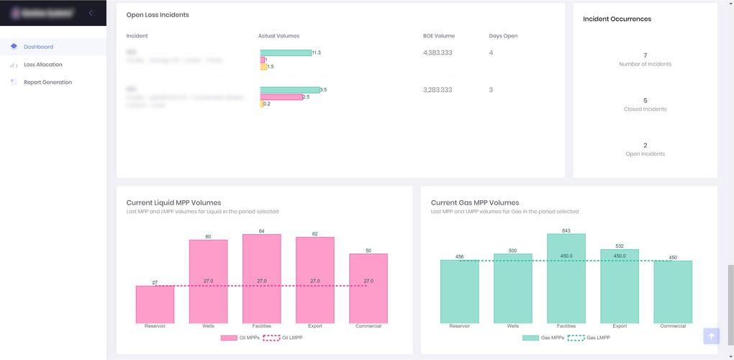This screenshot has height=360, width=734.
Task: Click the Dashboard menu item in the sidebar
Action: (38, 47)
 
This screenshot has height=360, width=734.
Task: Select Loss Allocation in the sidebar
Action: (42, 65)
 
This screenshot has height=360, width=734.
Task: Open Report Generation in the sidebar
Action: (47, 82)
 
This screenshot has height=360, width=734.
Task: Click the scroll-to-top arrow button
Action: (711, 336)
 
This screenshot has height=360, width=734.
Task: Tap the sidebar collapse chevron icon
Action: (91, 13)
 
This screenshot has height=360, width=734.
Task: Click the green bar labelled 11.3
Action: (285, 53)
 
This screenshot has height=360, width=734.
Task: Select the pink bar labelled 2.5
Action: (281, 96)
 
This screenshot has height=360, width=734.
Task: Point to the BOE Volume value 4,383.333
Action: (438, 53)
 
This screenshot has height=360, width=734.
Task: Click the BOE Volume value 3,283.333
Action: (438, 90)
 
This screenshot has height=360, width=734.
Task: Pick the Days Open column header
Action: (503, 36)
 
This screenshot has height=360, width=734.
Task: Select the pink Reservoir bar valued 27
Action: (155, 305)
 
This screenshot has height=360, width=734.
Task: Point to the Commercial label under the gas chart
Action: (673, 326)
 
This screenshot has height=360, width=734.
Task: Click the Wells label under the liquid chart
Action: (208, 326)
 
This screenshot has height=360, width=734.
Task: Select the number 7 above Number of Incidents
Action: (645, 55)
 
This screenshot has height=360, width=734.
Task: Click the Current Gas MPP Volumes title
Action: (474, 202)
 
